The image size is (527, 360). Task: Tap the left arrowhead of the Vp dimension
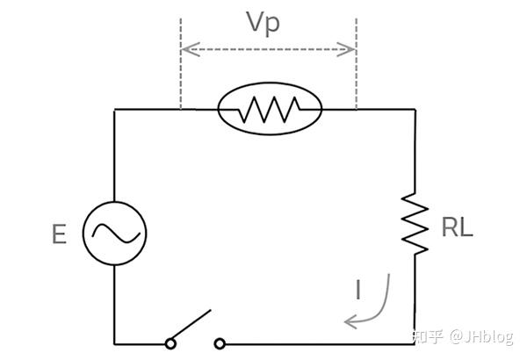click(186, 49)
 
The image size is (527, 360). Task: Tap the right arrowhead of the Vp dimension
click(350, 49)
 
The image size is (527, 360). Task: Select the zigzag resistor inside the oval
click(270, 109)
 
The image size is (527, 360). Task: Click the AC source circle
click(115, 232)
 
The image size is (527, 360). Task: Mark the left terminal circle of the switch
click(169, 342)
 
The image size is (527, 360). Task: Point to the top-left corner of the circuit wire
click(115, 109)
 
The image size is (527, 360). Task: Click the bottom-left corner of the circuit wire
click(115, 342)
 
